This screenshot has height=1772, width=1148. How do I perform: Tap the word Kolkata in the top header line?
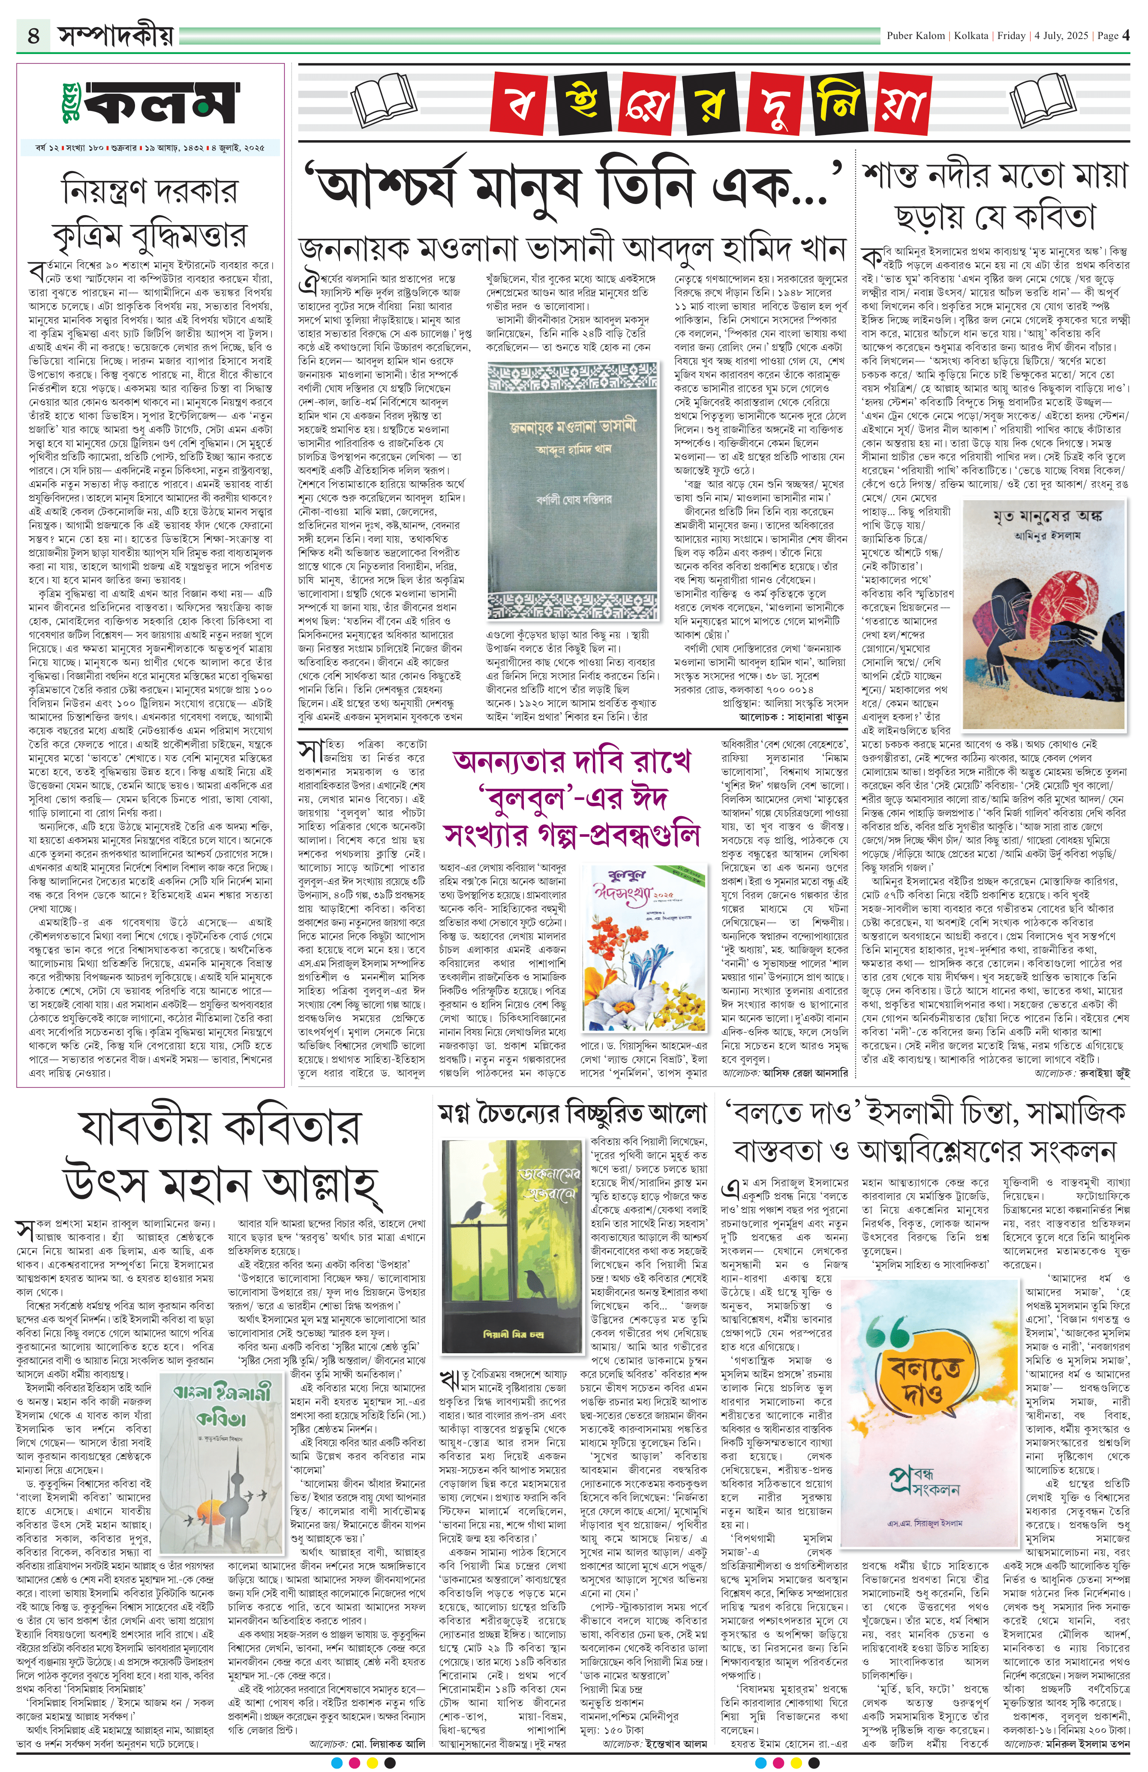(971, 36)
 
